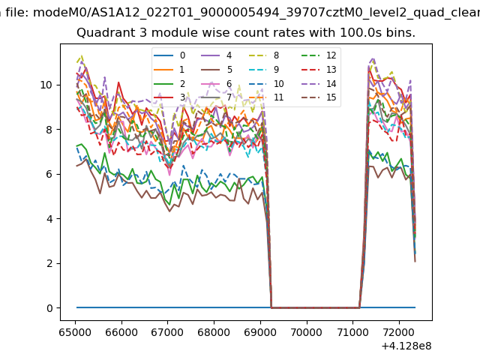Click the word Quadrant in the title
point(101,34)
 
